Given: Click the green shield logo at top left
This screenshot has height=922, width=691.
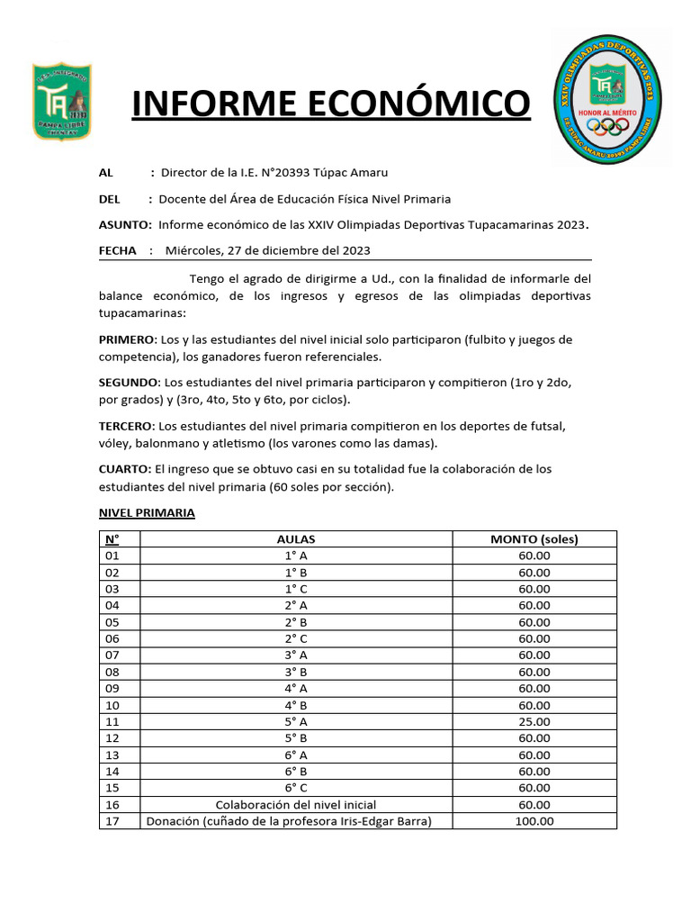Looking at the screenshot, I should click(62, 101).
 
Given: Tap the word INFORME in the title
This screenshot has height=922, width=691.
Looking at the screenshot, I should click(208, 104).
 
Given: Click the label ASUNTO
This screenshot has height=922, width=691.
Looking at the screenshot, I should click(124, 224).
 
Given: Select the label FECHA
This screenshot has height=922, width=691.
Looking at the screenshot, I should click(117, 250).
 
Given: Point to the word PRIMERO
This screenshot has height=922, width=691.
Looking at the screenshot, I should click(127, 339).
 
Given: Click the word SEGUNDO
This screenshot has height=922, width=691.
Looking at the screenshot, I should click(129, 382).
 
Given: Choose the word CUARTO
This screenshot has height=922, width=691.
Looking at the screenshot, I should click(125, 469).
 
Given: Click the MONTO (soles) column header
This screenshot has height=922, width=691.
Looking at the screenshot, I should click(534, 539).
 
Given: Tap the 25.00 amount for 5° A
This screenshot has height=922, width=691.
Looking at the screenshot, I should click(534, 721).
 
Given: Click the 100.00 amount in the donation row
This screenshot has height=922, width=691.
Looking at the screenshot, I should click(534, 820).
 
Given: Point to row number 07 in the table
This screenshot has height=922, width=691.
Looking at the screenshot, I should click(112, 655).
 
